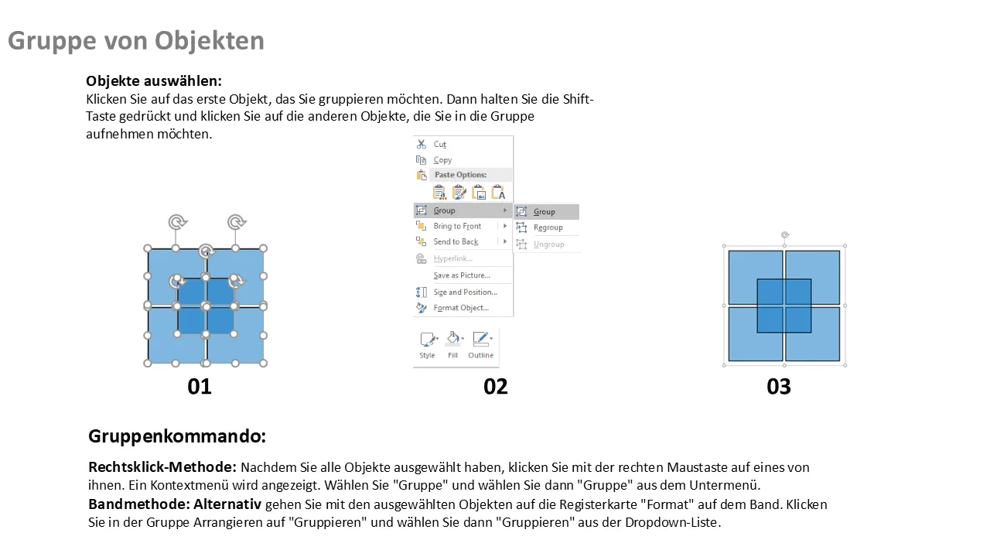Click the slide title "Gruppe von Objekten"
coord(135,42)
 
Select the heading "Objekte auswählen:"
coord(154,81)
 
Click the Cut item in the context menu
coord(440,144)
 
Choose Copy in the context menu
coord(442,160)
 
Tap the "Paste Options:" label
coord(460,175)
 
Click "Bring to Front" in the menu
coord(457,226)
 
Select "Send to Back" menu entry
coord(456,242)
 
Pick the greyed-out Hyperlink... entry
coord(452,258)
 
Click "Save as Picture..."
coord(462,275)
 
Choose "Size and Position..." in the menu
coord(466,292)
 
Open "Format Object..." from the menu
coord(461,308)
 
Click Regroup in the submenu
coord(548,227)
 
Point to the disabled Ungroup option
coord(549,244)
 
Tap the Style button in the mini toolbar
coord(428,345)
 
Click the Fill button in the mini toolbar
coord(453,345)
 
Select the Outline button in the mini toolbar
coord(481,345)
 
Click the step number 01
coord(200,387)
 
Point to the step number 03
coord(779,387)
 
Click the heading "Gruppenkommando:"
coord(177,436)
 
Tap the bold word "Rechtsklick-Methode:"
coord(162,467)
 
